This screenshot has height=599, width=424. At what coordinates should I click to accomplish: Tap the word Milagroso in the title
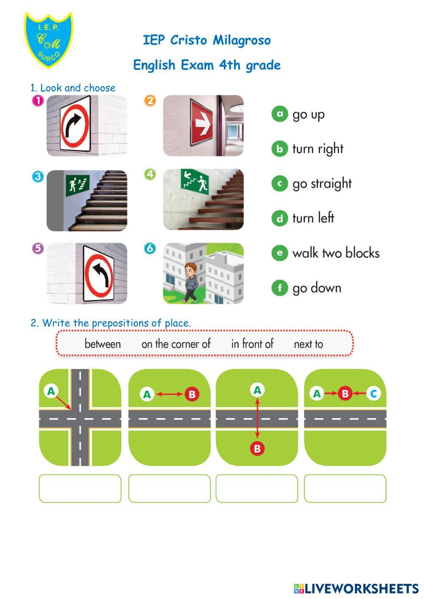click(x=242, y=41)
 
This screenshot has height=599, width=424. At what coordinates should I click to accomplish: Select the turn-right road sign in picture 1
click(x=75, y=125)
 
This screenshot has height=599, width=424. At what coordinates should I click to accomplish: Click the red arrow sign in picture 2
click(x=201, y=122)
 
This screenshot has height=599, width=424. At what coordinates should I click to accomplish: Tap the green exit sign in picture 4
click(x=195, y=181)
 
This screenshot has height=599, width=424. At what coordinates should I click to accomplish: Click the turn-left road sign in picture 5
click(x=98, y=274)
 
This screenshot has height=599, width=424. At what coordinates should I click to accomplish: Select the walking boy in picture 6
click(x=190, y=283)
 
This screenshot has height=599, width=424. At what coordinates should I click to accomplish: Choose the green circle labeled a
click(x=280, y=114)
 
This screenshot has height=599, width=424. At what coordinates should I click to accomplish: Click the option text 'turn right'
click(x=318, y=149)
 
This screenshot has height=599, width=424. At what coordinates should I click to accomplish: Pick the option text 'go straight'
click(x=322, y=184)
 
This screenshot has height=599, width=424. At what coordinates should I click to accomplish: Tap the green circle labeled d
click(x=280, y=218)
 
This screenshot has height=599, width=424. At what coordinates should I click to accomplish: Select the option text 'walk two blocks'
click(x=336, y=253)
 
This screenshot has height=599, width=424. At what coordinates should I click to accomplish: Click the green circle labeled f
click(x=280, y=288)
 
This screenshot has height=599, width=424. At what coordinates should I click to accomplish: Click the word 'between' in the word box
click(x=103, y=344)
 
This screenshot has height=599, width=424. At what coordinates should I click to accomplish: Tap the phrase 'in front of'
click(x=252, y=344)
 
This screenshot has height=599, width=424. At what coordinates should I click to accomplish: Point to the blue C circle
click(x=374, y=394)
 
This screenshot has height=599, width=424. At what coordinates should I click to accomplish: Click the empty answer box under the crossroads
click(x=80, y=488)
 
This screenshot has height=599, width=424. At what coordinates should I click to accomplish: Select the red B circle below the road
click(x=257, y=449)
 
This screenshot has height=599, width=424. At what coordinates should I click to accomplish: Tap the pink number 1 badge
click(x=38, y=101)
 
